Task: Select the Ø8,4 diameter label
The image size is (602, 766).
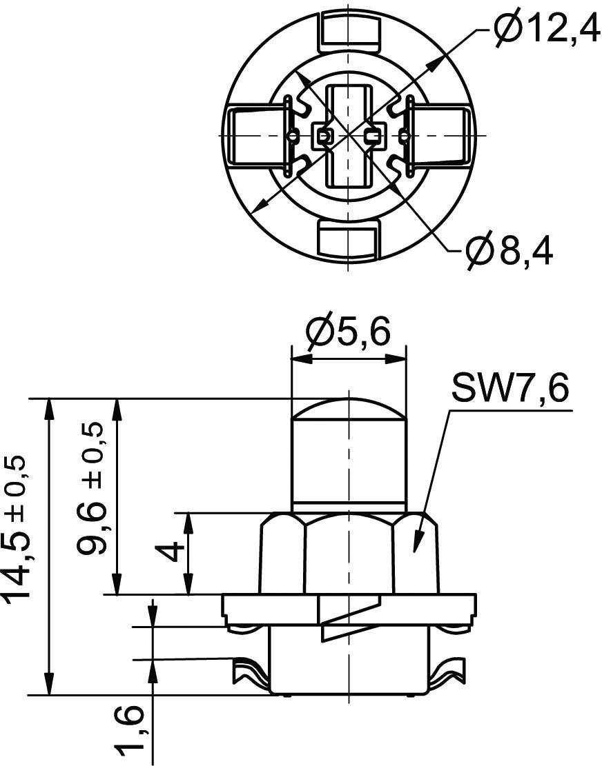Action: tap(509, 250)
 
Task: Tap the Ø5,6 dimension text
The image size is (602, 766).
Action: tap(348, 334)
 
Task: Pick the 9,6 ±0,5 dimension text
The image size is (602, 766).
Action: tap(92, 489)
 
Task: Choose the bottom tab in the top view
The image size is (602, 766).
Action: tap(349, 239)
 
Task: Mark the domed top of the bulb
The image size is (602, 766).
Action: tap(349, 410)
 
